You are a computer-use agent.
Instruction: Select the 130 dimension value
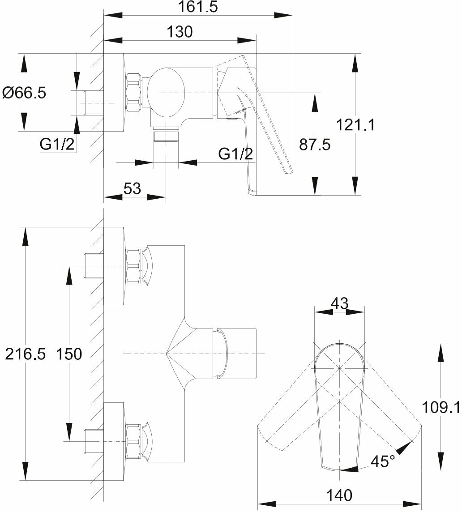tap(180, 32)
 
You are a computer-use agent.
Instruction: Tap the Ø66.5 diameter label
tap(24, 93)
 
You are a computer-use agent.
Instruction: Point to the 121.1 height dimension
tap(355, 125)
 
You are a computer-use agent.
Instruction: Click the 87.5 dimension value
tap(315, 145)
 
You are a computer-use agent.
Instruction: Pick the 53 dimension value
tap(132, 189)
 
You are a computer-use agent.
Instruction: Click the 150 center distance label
tap(69, 354)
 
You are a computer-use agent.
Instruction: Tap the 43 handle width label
tap(339, 303)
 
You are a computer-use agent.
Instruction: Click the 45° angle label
tap(383, 461)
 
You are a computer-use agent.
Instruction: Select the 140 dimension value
tap(339, 495)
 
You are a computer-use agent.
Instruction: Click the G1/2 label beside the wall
tap(57, 144)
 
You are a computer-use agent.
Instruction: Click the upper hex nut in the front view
tap(133, 266)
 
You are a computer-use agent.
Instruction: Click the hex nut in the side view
tap(133, 93)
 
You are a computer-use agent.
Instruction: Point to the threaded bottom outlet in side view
tap(166, 134)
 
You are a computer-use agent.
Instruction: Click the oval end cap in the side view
tap(166, 93)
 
